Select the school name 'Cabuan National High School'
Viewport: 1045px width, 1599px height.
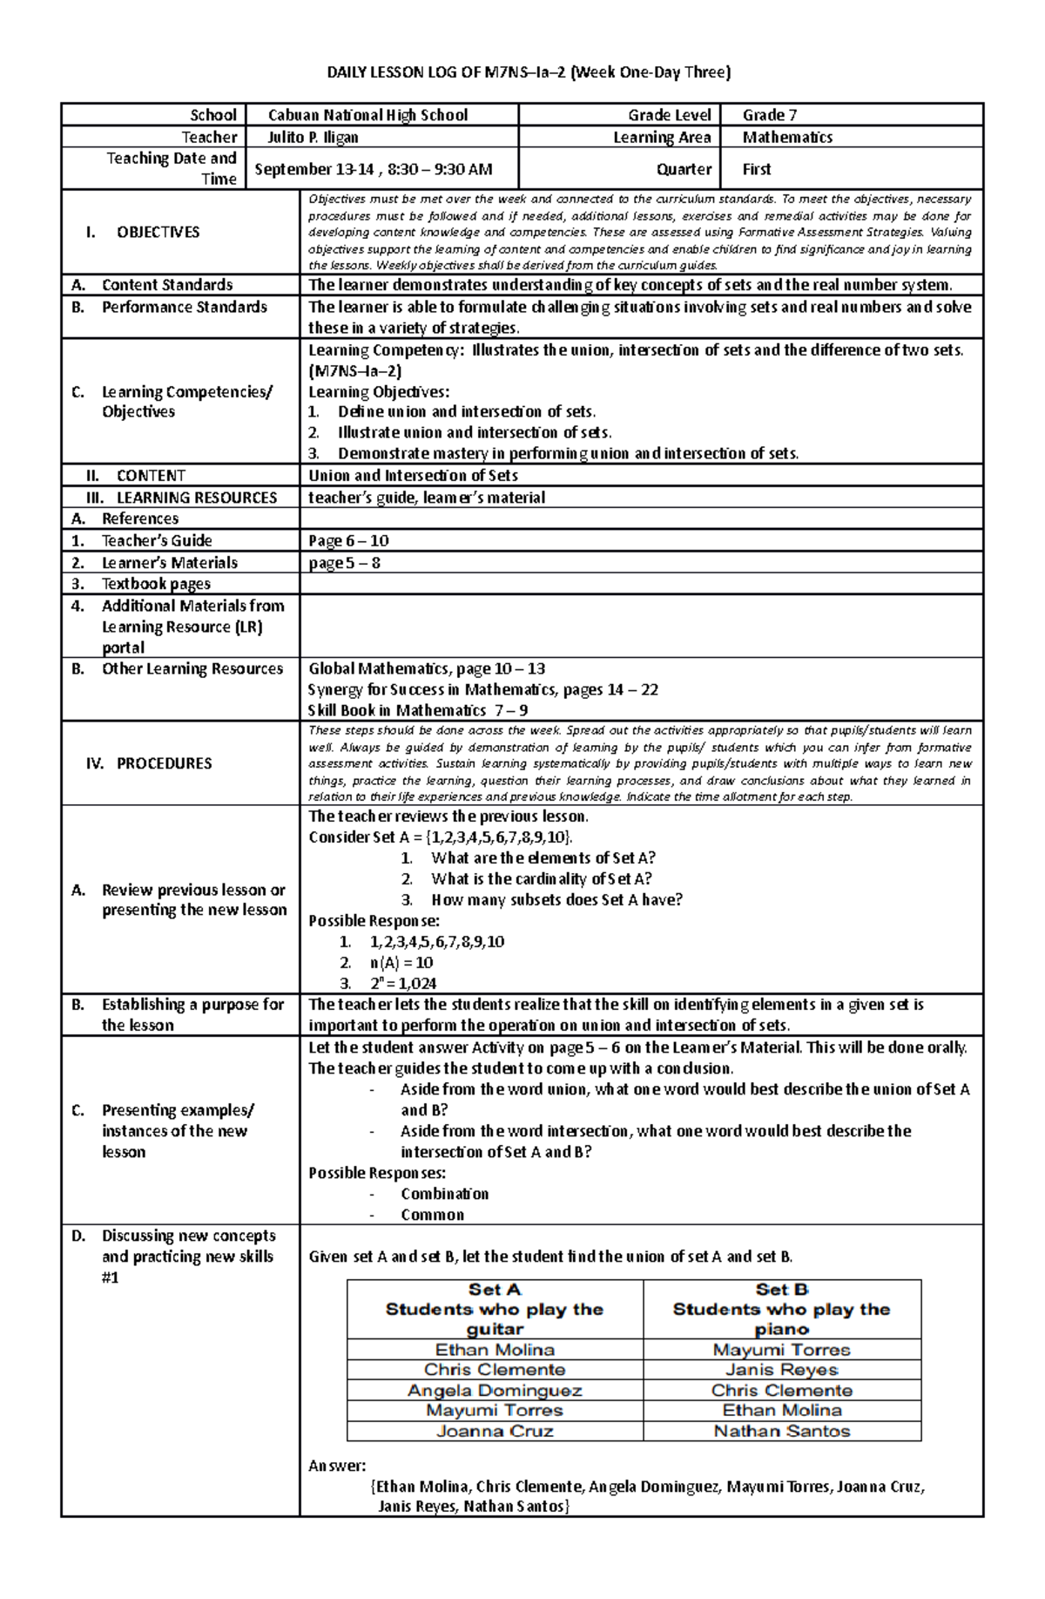tap(367, 115)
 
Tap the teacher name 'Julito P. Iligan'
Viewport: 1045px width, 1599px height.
tap(313, 137)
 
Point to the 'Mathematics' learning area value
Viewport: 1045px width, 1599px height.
tap(787, 137)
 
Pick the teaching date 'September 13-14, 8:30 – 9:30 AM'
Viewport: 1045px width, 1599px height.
tap(374, 169)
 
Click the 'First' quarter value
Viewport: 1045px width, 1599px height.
tap(757, 169)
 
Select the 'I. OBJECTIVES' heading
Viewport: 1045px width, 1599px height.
tap(144, 232)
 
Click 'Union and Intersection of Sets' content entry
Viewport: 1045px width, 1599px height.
tap(413, 476)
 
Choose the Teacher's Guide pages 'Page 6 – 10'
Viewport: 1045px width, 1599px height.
tap(348, 540)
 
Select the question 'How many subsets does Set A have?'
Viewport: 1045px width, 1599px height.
tap(556, 900)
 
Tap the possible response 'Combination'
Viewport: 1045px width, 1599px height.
tap(444, 1194)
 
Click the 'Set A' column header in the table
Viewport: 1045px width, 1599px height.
tap(495, 1290)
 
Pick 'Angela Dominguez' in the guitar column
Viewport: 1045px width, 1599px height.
tap(495, 1391)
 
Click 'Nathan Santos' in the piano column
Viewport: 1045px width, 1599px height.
tap(782, 1431)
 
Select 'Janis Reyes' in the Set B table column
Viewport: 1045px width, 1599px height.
tap(782, 1370)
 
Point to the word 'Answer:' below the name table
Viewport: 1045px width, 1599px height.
tap(337, 1466)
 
